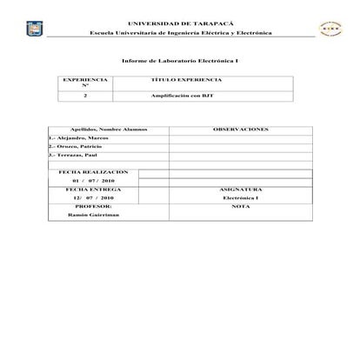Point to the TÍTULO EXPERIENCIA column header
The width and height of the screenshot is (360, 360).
(x=182, y=79)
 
